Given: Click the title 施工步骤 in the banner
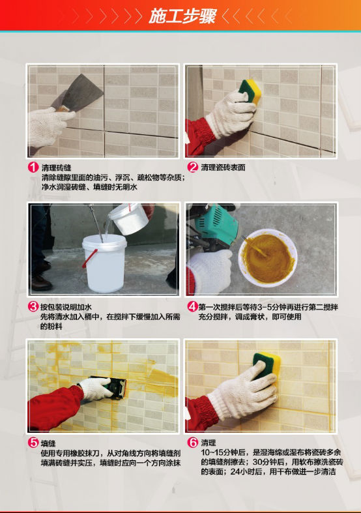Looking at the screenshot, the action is [x=182, y=16].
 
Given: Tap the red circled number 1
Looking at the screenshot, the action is [x=33, y=168].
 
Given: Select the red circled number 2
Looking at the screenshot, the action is [x=193, y=167].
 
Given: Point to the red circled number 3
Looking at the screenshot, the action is [x=33, y=306].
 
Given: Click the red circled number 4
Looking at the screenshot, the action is [x=193, y=306].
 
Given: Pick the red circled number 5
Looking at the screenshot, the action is [x=33, y=443].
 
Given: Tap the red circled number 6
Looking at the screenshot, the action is [x=193, y=443].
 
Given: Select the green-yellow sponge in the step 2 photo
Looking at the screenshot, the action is [x=250, y=91].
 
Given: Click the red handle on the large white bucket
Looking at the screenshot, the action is [x=89, y=259].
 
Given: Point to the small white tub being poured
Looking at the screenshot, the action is [x=128, y=218].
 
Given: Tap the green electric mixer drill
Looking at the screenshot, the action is [x=215, y=224].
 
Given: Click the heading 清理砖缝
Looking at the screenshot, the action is [x=56, y=168].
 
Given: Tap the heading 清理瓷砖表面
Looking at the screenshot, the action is [x=223, y=168].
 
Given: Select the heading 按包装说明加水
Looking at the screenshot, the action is [x=66, y=307].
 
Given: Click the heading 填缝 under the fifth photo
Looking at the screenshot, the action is [x=48, y=443].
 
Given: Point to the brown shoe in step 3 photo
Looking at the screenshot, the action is [x=41, y=282].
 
